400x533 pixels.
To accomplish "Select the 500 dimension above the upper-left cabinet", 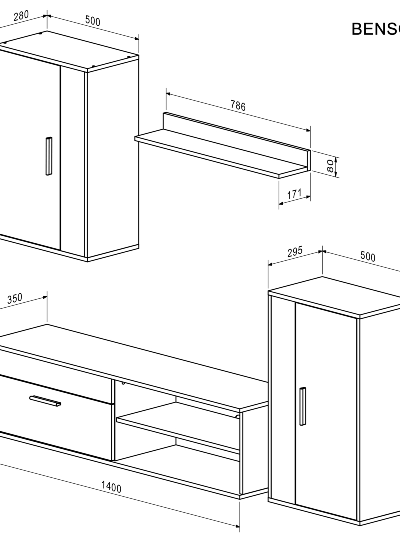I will (93, 21).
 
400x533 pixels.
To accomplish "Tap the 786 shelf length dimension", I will (238, 106).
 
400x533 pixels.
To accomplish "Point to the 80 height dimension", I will (330, 166).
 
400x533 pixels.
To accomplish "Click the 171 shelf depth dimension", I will (294, 194).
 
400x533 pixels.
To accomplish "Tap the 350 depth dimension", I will (15, 299).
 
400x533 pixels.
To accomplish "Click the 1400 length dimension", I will (111, 487).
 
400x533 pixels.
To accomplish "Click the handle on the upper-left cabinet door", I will (48, 156).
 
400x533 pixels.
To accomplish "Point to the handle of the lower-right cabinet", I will (302, 406).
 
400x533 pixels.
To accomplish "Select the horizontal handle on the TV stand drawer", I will (45, 400).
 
